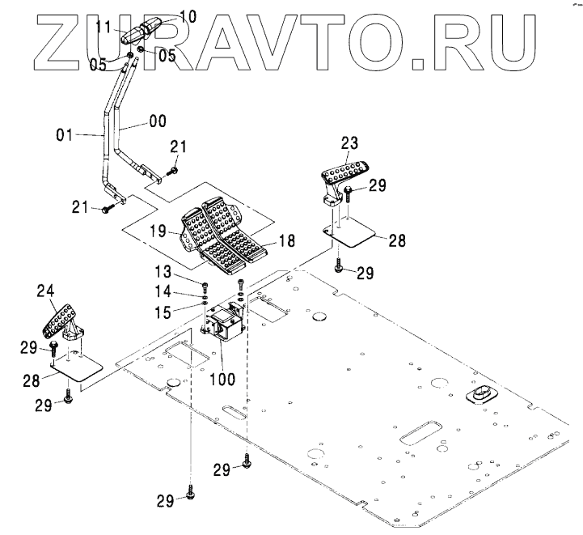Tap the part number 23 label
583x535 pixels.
click(349, 142)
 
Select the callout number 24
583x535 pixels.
click(47, 289)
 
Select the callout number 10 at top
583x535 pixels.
click(187, 15)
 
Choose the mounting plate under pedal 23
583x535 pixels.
click(353, 236)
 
